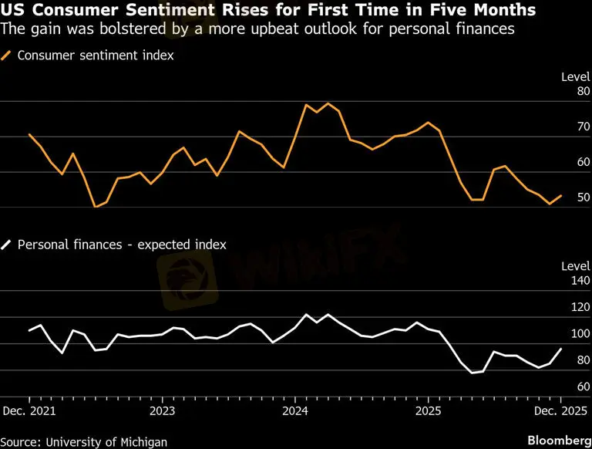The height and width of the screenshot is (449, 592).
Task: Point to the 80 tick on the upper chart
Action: coord(583,91)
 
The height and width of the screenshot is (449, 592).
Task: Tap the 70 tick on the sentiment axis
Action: coord(583,127)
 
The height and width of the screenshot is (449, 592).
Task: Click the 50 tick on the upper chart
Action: coord(583,197)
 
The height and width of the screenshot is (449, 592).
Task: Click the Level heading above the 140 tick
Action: coord(575,266)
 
